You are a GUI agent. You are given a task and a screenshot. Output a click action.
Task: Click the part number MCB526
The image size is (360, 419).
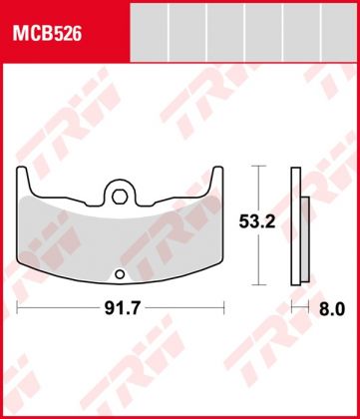[47, 33]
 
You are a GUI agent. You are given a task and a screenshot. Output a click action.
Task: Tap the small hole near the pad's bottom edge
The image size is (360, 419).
[122, 275]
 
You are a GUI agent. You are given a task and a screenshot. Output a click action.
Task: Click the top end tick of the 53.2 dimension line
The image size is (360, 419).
[259, 167]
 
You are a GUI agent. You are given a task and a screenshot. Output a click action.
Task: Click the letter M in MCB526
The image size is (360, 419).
[18, 33]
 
